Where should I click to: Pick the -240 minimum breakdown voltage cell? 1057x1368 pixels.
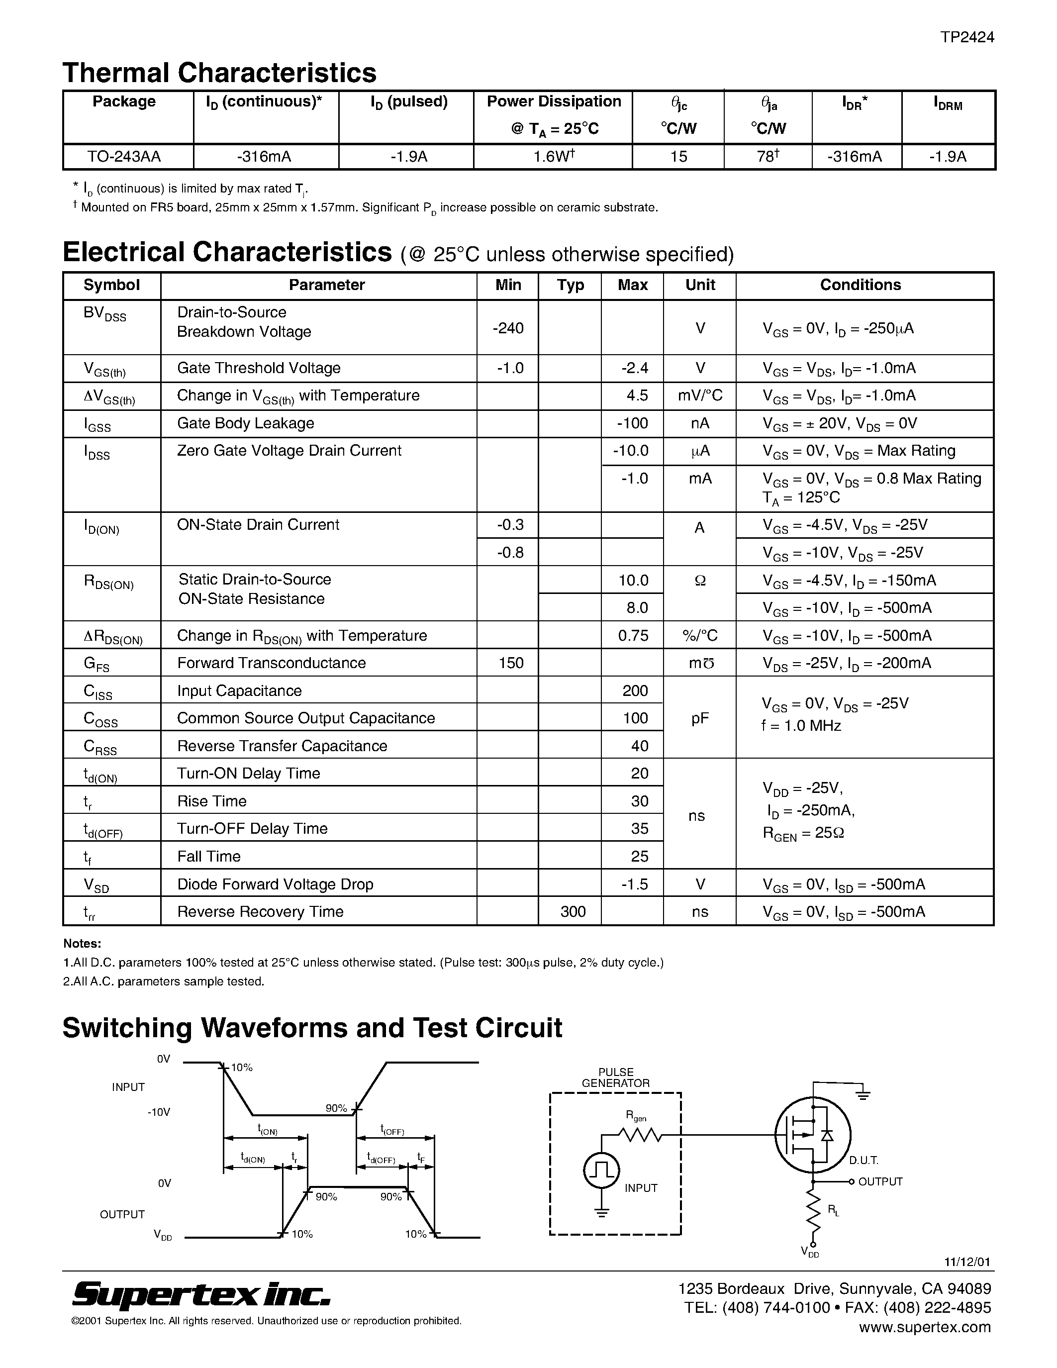[x=508, y=328]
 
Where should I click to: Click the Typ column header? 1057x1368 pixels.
[x=570, y=285]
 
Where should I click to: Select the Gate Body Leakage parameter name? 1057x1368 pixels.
[x=245, y=423]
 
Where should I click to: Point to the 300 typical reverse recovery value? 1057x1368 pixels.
[x=573, y=911]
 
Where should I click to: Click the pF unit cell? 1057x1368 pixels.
[x=699, y=718]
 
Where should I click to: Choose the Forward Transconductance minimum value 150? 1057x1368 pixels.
[x=510, y=663]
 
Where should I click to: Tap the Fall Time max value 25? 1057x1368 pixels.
[x=639, y=856]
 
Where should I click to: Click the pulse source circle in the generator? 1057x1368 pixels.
[x=602, y=1170]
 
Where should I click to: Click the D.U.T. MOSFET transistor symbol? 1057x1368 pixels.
[x=812, y=1135]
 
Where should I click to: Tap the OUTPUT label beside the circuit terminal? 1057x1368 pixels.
[x=880, y=1181]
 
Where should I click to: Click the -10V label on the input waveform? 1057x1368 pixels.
[x=158, y=1112]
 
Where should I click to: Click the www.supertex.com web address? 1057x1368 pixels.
[x=924, y=1327]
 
